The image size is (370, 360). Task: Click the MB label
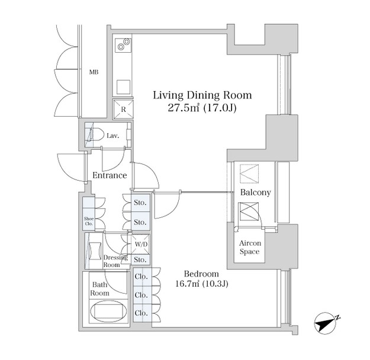coord(94,72)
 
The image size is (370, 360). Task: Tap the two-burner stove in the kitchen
coord(123,45)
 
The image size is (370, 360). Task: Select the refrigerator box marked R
coord(123,110)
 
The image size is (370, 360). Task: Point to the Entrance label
coord(110,175)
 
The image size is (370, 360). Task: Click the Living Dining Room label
coord(202,95)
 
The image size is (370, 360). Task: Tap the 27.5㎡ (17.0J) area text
coord(202,108)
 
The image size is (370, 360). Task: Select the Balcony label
coord(255,192)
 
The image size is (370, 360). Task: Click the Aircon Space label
coord(250,247)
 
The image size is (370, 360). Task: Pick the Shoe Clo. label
coord(89,221)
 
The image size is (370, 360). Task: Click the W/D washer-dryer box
coord(141,245)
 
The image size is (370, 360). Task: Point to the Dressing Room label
coord(115,261)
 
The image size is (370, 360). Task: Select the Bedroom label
coord(201,274)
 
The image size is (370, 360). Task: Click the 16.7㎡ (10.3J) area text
coord(202,284)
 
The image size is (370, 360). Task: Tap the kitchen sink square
coord(123,87)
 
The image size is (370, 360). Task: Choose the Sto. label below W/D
coord(140,260)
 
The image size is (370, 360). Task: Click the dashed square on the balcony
coord(249,173)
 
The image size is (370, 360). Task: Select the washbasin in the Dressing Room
coord(95,251)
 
